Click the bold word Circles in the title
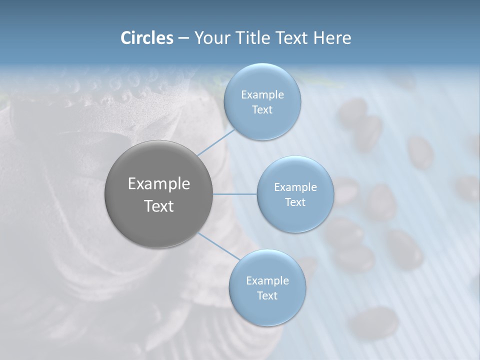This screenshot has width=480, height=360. (146, 38)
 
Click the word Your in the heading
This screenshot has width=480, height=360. (211, 38)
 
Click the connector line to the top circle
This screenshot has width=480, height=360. (216, 142)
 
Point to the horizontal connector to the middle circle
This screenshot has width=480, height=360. (235, 194)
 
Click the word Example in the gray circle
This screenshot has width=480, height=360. (158, 184)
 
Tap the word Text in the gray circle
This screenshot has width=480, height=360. (158, 206)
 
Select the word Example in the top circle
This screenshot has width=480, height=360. (262, 94)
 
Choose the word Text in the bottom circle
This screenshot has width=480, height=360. (267, 295)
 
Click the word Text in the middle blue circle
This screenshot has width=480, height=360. (295, 202)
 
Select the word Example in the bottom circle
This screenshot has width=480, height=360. (267, 280)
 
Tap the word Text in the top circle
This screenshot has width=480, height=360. (262, 109)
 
